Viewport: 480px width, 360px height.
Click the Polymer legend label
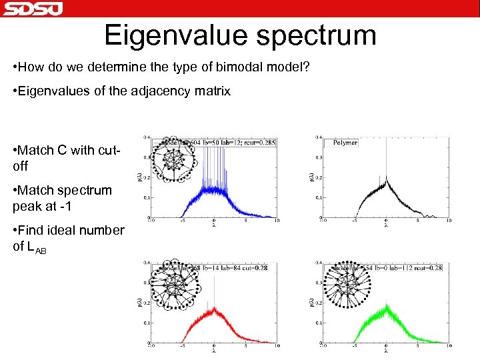tap(345, 142)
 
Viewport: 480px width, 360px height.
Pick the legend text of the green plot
tap(393, 267)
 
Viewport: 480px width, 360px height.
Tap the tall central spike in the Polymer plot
tap(386, 160)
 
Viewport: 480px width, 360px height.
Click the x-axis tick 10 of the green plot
tap(449, 346)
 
